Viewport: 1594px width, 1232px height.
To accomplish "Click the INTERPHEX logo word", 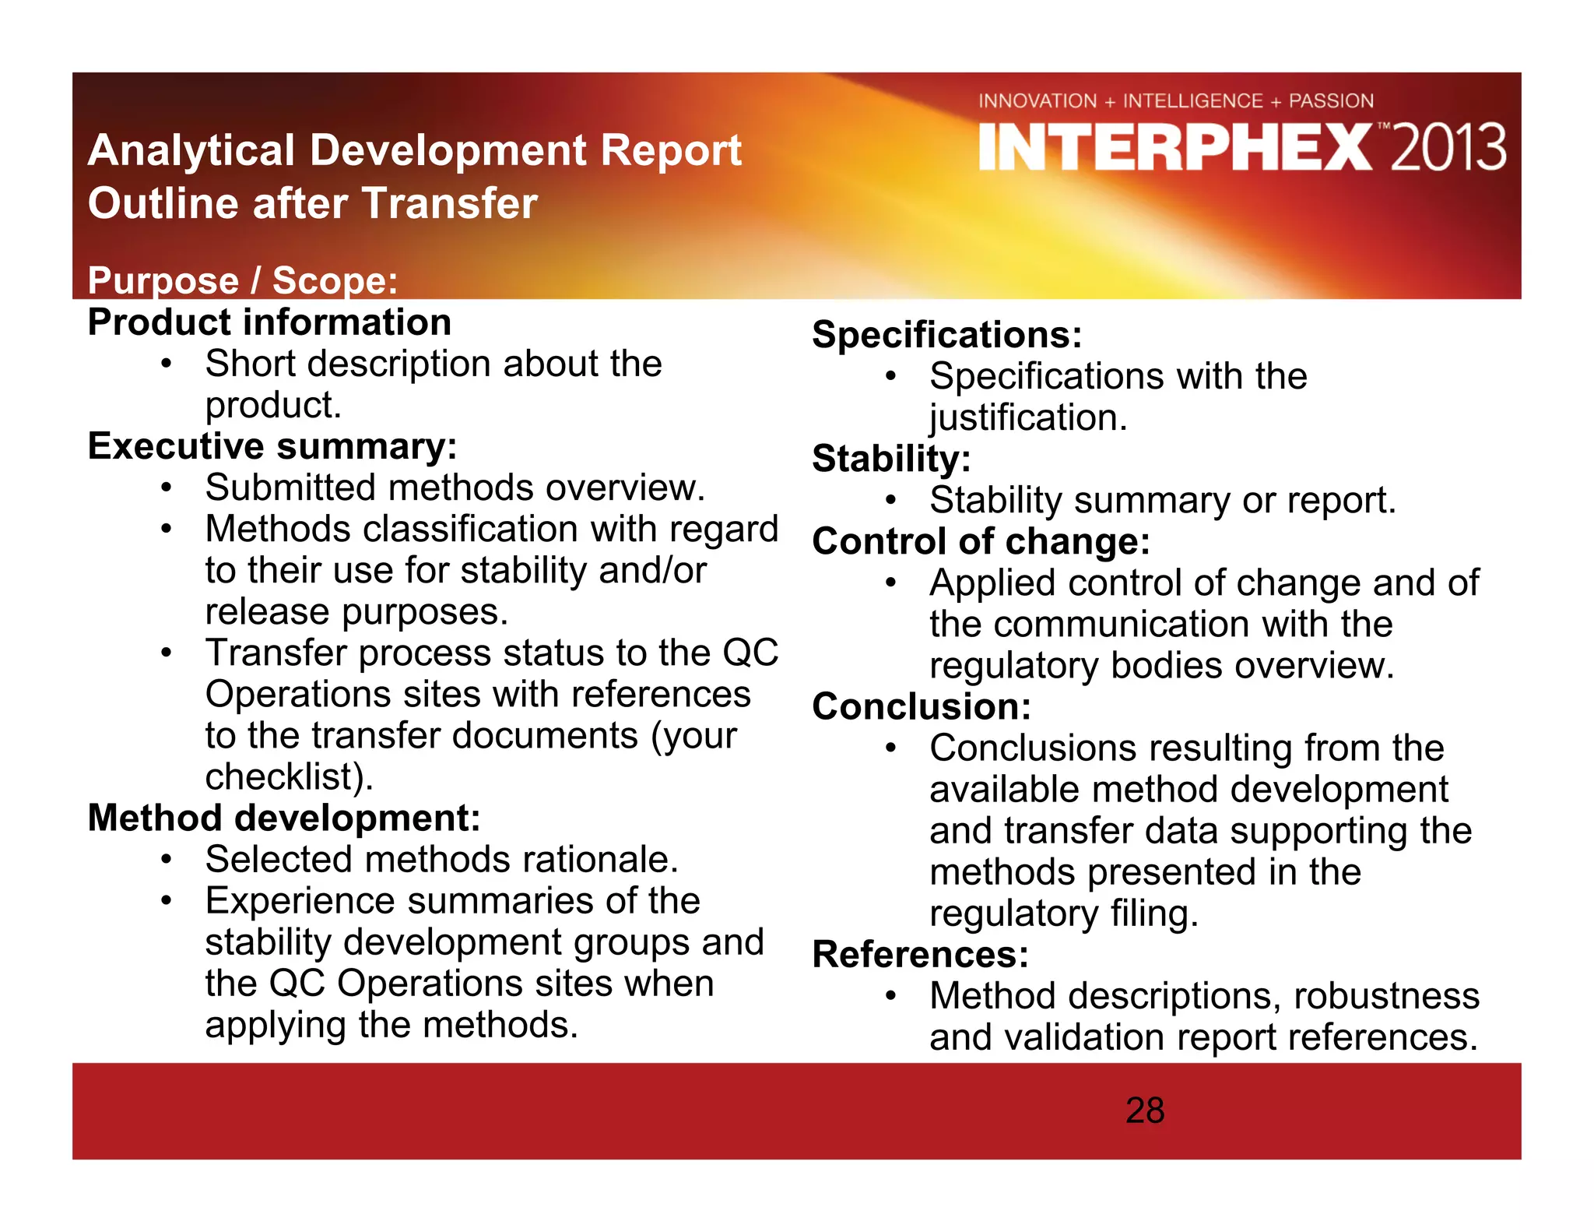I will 1175,147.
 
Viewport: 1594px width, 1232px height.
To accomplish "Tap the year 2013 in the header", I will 1448,147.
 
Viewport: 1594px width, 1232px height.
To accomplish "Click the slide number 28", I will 1144,1111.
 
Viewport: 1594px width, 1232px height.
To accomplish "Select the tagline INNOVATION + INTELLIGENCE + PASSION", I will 1175,101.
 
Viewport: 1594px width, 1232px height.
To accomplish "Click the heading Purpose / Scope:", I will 242,280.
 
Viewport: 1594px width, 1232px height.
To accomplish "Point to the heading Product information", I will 269,322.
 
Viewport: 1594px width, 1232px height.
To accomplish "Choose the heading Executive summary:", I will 272,446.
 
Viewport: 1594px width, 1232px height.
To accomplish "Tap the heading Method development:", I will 283,818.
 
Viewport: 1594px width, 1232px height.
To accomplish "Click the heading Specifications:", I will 946,335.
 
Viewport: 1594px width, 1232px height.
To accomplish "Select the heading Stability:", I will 891,459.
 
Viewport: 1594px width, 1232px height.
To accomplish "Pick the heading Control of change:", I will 981,541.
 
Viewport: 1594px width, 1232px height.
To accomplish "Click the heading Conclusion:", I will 921,707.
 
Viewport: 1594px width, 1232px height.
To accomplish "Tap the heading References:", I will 920,955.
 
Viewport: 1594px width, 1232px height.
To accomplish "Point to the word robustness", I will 1386,996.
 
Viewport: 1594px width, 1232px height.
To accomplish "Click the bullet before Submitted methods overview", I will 166,488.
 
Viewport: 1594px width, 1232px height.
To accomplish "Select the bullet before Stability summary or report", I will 890,501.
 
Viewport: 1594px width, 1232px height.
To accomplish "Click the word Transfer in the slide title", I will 449,204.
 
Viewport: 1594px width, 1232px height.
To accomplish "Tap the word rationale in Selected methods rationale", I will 600,860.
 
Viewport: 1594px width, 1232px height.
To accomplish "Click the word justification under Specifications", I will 1027,418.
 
